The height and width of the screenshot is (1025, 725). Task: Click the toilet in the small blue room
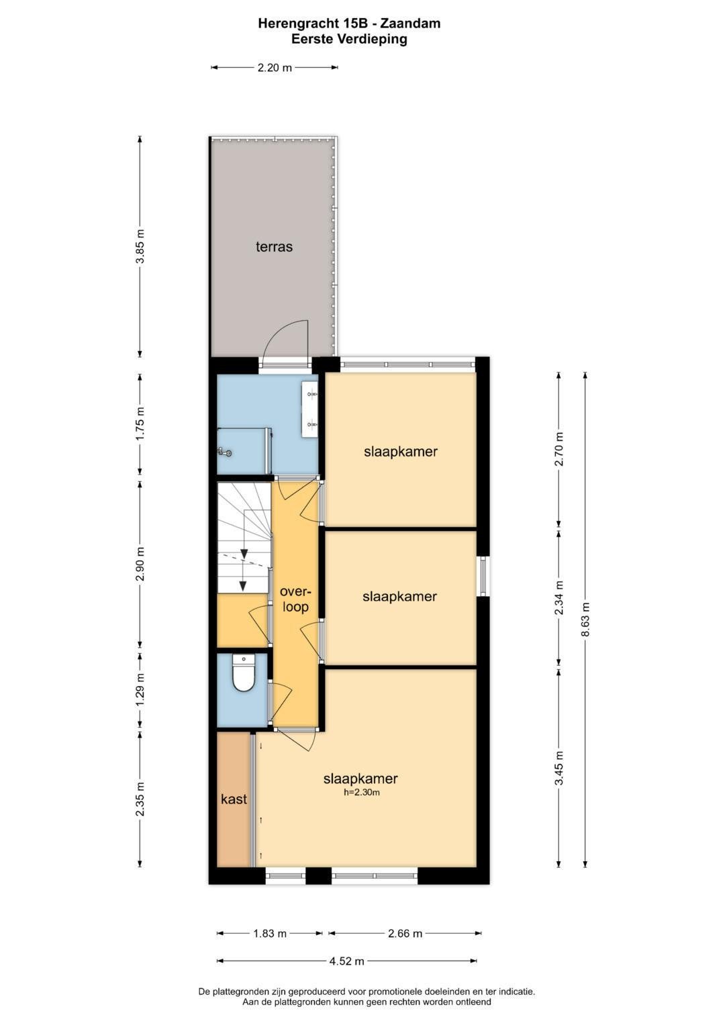(243, 673)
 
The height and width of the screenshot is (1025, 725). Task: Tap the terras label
(274, 247)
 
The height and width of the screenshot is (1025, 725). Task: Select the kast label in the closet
(234, 799)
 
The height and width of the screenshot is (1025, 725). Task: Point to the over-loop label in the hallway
(295, 599)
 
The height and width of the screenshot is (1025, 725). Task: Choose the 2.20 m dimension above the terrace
(275, 68)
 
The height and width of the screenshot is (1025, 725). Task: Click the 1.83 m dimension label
(270, 933)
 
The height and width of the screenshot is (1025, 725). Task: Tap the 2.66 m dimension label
(405, 933)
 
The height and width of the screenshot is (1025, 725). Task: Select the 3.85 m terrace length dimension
(140, 246)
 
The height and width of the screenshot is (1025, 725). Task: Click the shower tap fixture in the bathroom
(224, 452)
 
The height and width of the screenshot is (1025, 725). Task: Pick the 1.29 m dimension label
(140, 689)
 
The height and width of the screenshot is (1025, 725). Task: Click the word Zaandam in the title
(410, 23)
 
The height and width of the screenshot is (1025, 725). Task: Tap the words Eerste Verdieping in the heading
(349, 40)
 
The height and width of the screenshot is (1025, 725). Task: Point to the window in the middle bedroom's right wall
(483, 576)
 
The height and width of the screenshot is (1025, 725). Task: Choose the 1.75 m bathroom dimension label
(140, 423)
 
